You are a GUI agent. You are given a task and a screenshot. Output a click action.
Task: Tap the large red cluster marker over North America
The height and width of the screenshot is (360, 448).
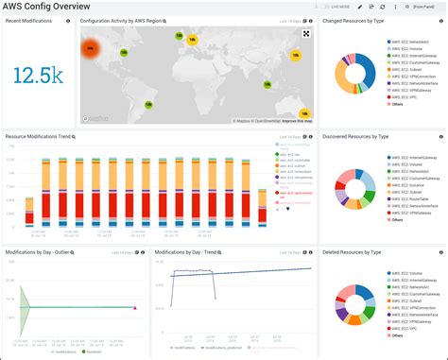click(x=91, y=47)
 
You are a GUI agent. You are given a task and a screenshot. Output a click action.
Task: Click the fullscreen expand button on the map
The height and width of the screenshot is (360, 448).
click(x=306, y=33)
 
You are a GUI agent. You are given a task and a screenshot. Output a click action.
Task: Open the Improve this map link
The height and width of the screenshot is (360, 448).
click(x=295, y=121)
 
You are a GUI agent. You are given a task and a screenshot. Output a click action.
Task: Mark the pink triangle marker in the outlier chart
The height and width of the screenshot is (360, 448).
click(x=134, y=307)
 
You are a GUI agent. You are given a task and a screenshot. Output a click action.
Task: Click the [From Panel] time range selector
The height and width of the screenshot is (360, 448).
click(x=422, y=7)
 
